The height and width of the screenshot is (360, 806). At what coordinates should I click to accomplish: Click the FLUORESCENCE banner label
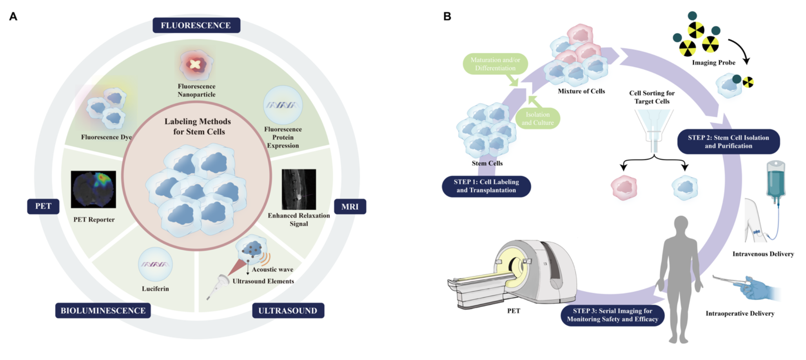(196, 25)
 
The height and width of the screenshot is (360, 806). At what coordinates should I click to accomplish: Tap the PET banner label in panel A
(43, 206)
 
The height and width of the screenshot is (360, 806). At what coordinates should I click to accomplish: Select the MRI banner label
(350, 207)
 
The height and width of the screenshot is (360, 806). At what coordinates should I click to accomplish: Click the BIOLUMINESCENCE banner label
(103, 311)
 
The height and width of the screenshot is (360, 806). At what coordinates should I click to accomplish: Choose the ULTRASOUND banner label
(288, 311)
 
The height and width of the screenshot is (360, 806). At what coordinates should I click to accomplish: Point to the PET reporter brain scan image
(93, 189)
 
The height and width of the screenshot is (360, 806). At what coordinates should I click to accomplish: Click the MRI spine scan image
(299, 189)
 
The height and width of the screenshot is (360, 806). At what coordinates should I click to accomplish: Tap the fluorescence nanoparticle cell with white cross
(196, 64)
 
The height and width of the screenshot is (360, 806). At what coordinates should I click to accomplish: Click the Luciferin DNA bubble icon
(155, 264)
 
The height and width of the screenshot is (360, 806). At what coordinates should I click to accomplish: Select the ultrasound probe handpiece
(220, 285)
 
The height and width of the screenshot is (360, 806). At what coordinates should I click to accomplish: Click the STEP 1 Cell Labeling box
(486, 186)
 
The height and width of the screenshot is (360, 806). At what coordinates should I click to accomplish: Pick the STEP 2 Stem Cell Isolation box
(728, 142)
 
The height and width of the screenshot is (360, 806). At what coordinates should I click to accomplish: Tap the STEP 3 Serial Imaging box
(612, 315)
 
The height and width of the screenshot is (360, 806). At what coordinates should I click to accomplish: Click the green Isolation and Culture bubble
(537, 118)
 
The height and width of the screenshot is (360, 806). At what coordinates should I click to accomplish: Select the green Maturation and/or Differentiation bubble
(495, 64)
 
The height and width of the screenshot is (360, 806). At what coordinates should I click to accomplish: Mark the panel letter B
(447, 16)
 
